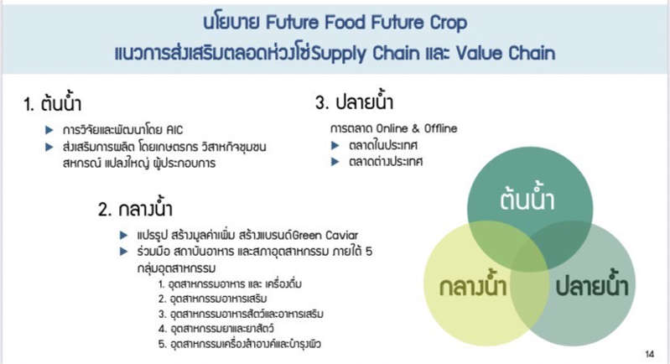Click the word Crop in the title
tap(449, 23)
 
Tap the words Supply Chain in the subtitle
tap(366, 54)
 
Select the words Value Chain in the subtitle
tap(506, 53)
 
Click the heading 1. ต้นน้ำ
tap(53, 102)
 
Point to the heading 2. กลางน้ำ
tap(135, 208)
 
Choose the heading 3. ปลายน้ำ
tap(354, 101)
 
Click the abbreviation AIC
tap(174, 129)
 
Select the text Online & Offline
tap(417, 128)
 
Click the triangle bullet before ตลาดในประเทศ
tap(335, 145)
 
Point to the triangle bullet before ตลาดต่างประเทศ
tap(335, 162)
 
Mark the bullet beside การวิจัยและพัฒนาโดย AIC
tap(49, 130)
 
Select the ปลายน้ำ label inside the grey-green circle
tap(592, 284)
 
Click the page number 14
tap(650, 354)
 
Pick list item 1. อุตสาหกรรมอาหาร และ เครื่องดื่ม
tap(230, 284)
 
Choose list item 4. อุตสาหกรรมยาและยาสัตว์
tap(216, 329)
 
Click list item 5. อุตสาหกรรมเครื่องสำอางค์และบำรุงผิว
tap(239, 344)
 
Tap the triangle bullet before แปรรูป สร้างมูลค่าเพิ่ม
tap(124, 235)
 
